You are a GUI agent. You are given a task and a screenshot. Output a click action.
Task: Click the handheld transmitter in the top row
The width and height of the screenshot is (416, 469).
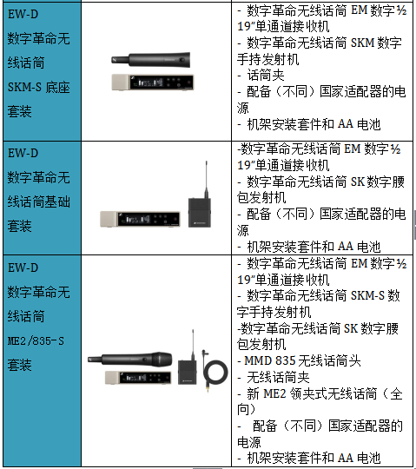point(151,60)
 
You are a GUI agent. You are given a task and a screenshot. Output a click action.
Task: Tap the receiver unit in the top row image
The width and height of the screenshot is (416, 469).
point(153,82)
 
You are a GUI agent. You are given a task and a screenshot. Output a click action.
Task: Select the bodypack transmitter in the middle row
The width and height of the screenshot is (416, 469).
point(200,213)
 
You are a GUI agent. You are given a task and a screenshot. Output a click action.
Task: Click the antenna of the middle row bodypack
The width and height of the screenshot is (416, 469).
point(207,179)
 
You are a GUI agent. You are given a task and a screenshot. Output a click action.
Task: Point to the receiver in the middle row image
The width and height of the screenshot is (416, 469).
point(141,219)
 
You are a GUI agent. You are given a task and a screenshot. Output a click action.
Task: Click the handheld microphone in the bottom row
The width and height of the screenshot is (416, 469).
point(130,359)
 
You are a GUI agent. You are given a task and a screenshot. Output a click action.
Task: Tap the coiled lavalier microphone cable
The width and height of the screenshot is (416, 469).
point(215,372)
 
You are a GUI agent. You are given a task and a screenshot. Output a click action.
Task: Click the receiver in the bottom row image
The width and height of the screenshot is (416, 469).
point(138,378)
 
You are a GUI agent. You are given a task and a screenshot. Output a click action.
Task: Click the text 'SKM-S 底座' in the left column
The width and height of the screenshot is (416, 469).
point(38,88)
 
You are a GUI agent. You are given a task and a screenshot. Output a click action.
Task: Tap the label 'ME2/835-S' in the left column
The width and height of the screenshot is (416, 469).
point(36,341)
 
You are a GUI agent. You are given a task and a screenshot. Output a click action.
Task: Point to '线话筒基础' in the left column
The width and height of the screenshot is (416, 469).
point(38,201)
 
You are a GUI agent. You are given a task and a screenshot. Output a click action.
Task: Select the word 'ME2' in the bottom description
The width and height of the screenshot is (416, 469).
point(274,393)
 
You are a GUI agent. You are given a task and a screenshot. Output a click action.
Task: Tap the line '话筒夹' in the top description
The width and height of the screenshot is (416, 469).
point(266,75)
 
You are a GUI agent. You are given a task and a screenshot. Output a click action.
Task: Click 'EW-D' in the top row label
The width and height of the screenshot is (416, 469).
point(23,14)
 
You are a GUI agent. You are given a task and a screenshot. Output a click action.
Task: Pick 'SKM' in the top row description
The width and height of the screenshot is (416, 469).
point(362,43)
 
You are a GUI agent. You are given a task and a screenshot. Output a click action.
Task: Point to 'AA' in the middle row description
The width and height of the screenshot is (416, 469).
point(346,247)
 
